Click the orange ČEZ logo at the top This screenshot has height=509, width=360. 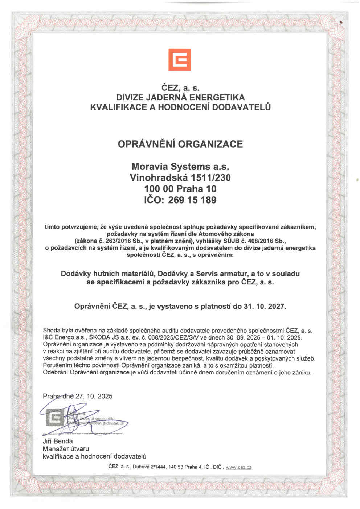click(180, 60)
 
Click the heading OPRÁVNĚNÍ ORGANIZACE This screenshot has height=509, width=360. click(180, 144)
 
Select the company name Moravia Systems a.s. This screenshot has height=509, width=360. click(180, 167)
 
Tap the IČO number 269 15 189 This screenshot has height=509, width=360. click(192, 200)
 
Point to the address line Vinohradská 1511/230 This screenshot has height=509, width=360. click(180, 178)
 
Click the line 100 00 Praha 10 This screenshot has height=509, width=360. click(180, 189)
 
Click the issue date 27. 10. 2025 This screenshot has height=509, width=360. click(94, 396)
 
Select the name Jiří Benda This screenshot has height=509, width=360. click(58, 441)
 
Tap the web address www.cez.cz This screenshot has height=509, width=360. click(238, 467)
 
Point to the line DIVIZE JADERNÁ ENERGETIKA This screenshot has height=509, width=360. click(180, 97)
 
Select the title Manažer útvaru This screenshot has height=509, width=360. click(66, 449)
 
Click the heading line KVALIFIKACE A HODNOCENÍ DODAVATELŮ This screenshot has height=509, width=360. click(180, 107)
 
